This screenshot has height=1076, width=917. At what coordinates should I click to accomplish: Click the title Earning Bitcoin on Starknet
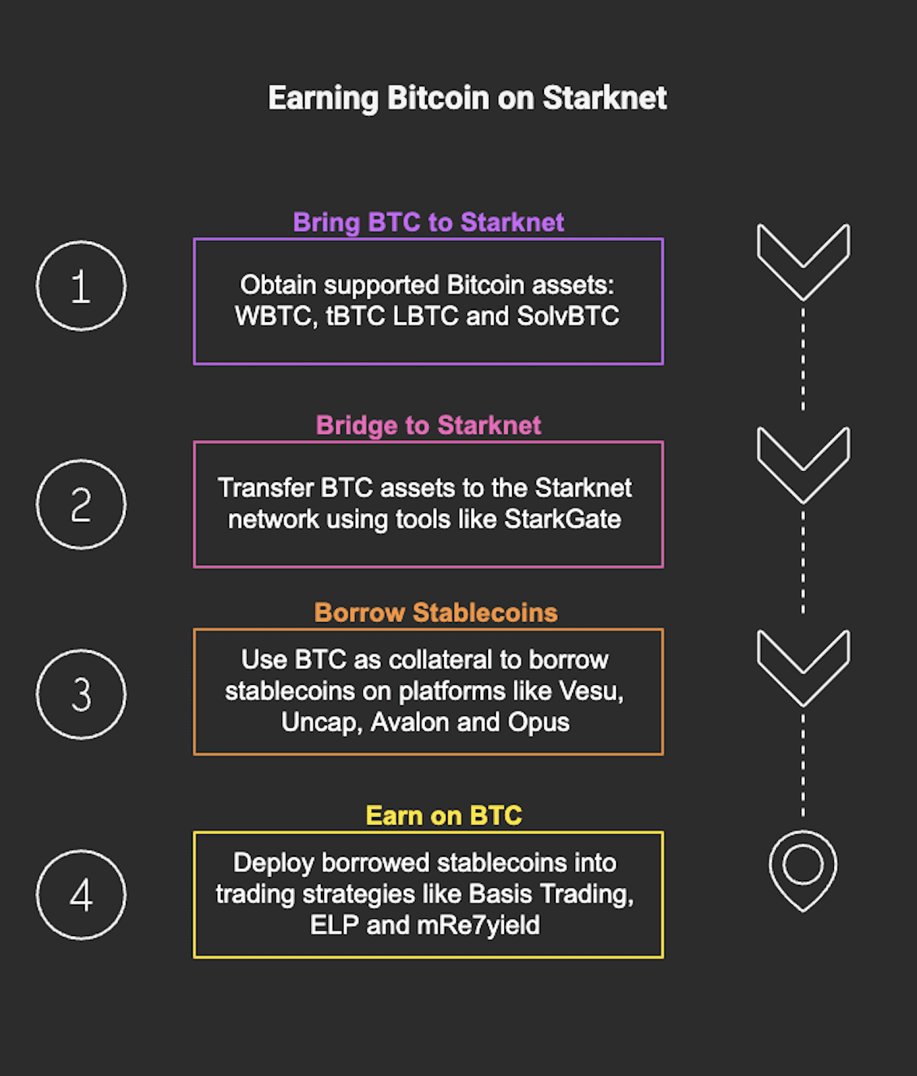467,99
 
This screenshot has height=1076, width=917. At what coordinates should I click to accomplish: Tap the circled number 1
81,286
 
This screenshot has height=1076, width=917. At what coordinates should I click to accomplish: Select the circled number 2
81,505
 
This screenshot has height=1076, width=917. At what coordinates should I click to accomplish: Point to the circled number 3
81,694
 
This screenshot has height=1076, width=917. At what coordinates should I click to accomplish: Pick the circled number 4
81,895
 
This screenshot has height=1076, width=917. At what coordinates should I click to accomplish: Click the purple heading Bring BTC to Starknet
428,222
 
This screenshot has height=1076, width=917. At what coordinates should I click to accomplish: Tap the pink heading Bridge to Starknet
428,425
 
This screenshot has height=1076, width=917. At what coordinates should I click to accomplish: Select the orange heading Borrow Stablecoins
436,613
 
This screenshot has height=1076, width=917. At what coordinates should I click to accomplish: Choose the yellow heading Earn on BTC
444,816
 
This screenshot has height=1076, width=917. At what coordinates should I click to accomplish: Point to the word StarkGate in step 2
563,519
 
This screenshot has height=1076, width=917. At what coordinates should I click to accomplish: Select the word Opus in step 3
539,722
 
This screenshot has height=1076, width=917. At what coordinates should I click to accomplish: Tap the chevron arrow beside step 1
803,260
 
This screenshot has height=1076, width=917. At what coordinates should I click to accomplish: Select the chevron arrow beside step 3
803,666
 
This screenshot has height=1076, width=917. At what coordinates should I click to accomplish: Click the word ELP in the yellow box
334,925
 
